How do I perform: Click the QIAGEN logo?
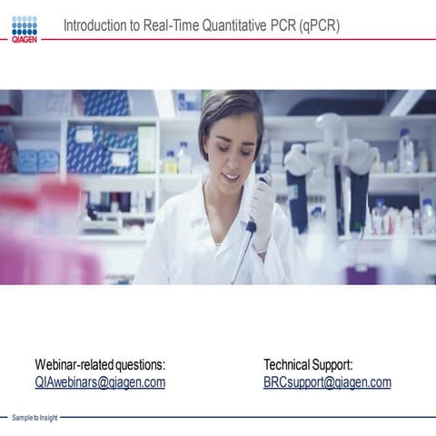25,29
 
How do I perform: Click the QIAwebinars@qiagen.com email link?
100,382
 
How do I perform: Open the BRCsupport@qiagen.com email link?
327,382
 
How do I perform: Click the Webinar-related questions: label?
100,364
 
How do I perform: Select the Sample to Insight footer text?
35,418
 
